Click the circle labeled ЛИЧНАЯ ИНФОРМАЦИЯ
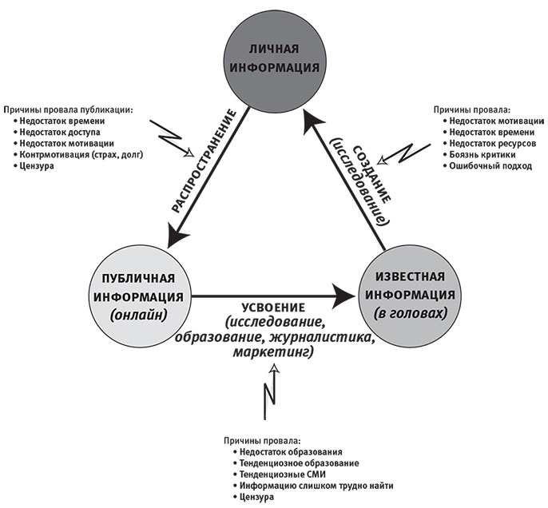[274, 56]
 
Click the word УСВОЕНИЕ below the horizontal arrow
[274, 308]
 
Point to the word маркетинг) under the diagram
[273, 349]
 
